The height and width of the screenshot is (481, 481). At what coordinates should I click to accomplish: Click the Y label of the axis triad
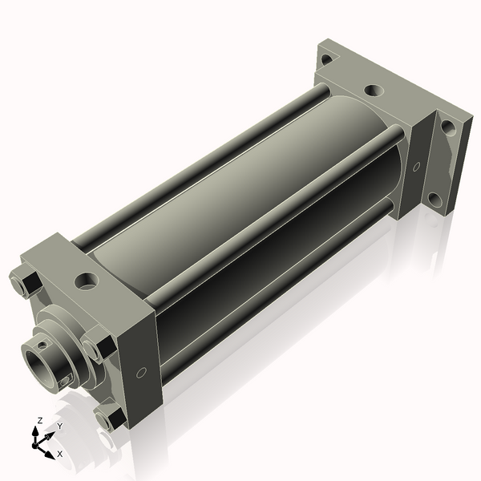59,426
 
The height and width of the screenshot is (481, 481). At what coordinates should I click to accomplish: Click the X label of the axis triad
59,454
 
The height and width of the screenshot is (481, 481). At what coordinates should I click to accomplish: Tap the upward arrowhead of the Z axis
38,430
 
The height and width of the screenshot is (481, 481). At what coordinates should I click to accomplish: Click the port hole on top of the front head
85,282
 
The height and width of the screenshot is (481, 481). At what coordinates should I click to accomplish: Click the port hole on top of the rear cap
373,92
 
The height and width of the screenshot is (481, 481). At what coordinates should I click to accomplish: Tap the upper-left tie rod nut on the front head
23,284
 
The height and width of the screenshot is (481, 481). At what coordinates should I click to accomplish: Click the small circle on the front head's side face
142,372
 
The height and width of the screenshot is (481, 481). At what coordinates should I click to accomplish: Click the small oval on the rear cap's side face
416,168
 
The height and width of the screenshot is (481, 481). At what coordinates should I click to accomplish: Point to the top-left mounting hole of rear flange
326,59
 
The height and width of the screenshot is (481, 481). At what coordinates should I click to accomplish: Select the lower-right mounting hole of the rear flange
434,198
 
